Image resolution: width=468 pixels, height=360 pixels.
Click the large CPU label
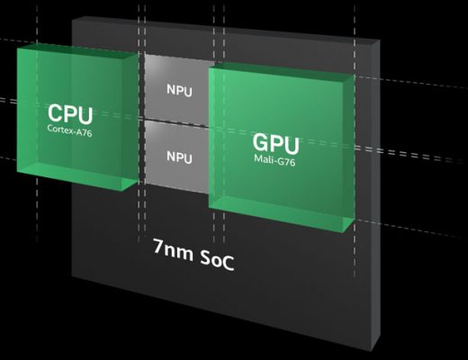(70, 114)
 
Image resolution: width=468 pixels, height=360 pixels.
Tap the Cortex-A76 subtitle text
(69, 130)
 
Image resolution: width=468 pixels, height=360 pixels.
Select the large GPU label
(275, 143)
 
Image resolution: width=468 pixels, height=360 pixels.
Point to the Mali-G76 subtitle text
(274, 160)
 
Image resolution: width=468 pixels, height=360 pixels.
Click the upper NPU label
(179, 90)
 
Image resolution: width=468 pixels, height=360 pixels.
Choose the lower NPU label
(179, 157)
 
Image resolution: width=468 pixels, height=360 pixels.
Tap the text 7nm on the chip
(174, 250)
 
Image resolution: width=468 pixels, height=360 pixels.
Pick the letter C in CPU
(55, 112)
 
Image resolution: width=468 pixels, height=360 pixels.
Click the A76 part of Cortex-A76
(84, 132)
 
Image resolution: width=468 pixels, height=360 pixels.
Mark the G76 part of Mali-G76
(287, 161)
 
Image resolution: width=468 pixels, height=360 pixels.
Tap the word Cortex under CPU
(59, 130)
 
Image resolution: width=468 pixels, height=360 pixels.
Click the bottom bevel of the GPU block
(282, 213)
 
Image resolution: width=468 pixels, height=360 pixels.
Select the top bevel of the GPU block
(282, 69)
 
